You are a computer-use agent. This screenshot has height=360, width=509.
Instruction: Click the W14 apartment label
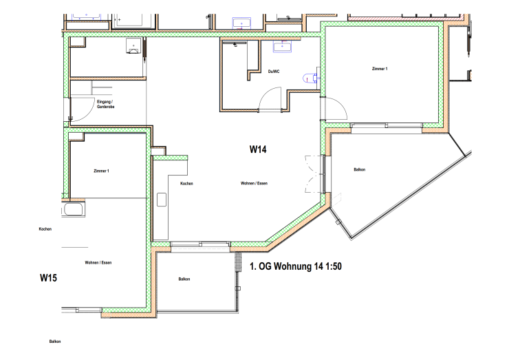[258, 149]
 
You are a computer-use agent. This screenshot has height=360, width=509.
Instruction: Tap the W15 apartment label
[48, 278]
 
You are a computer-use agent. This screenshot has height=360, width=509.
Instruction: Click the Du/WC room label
[274, 72]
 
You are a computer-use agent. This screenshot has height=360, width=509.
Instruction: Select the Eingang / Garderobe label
[105, 104]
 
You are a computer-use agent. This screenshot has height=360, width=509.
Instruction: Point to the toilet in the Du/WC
[310, 78]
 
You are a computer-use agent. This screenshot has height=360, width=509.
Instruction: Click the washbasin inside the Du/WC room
[282, 46]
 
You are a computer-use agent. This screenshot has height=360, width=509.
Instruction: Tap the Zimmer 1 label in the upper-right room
[380, 69]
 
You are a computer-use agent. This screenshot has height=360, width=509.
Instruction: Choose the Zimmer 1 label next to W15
[101, 171]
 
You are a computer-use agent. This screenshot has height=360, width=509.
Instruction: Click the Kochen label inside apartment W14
[186, 184]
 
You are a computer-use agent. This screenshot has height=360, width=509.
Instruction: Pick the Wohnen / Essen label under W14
[254, 183]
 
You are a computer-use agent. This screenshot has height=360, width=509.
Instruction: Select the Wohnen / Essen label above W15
[98, 262]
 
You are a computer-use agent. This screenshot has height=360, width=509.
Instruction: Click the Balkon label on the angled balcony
[359, 169]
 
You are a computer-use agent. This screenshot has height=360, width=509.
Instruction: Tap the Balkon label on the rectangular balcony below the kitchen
[184, 279]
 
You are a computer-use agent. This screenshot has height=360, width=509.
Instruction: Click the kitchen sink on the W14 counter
[162, 200]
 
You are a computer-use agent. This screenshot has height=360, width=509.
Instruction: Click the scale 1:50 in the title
[334, 266]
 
